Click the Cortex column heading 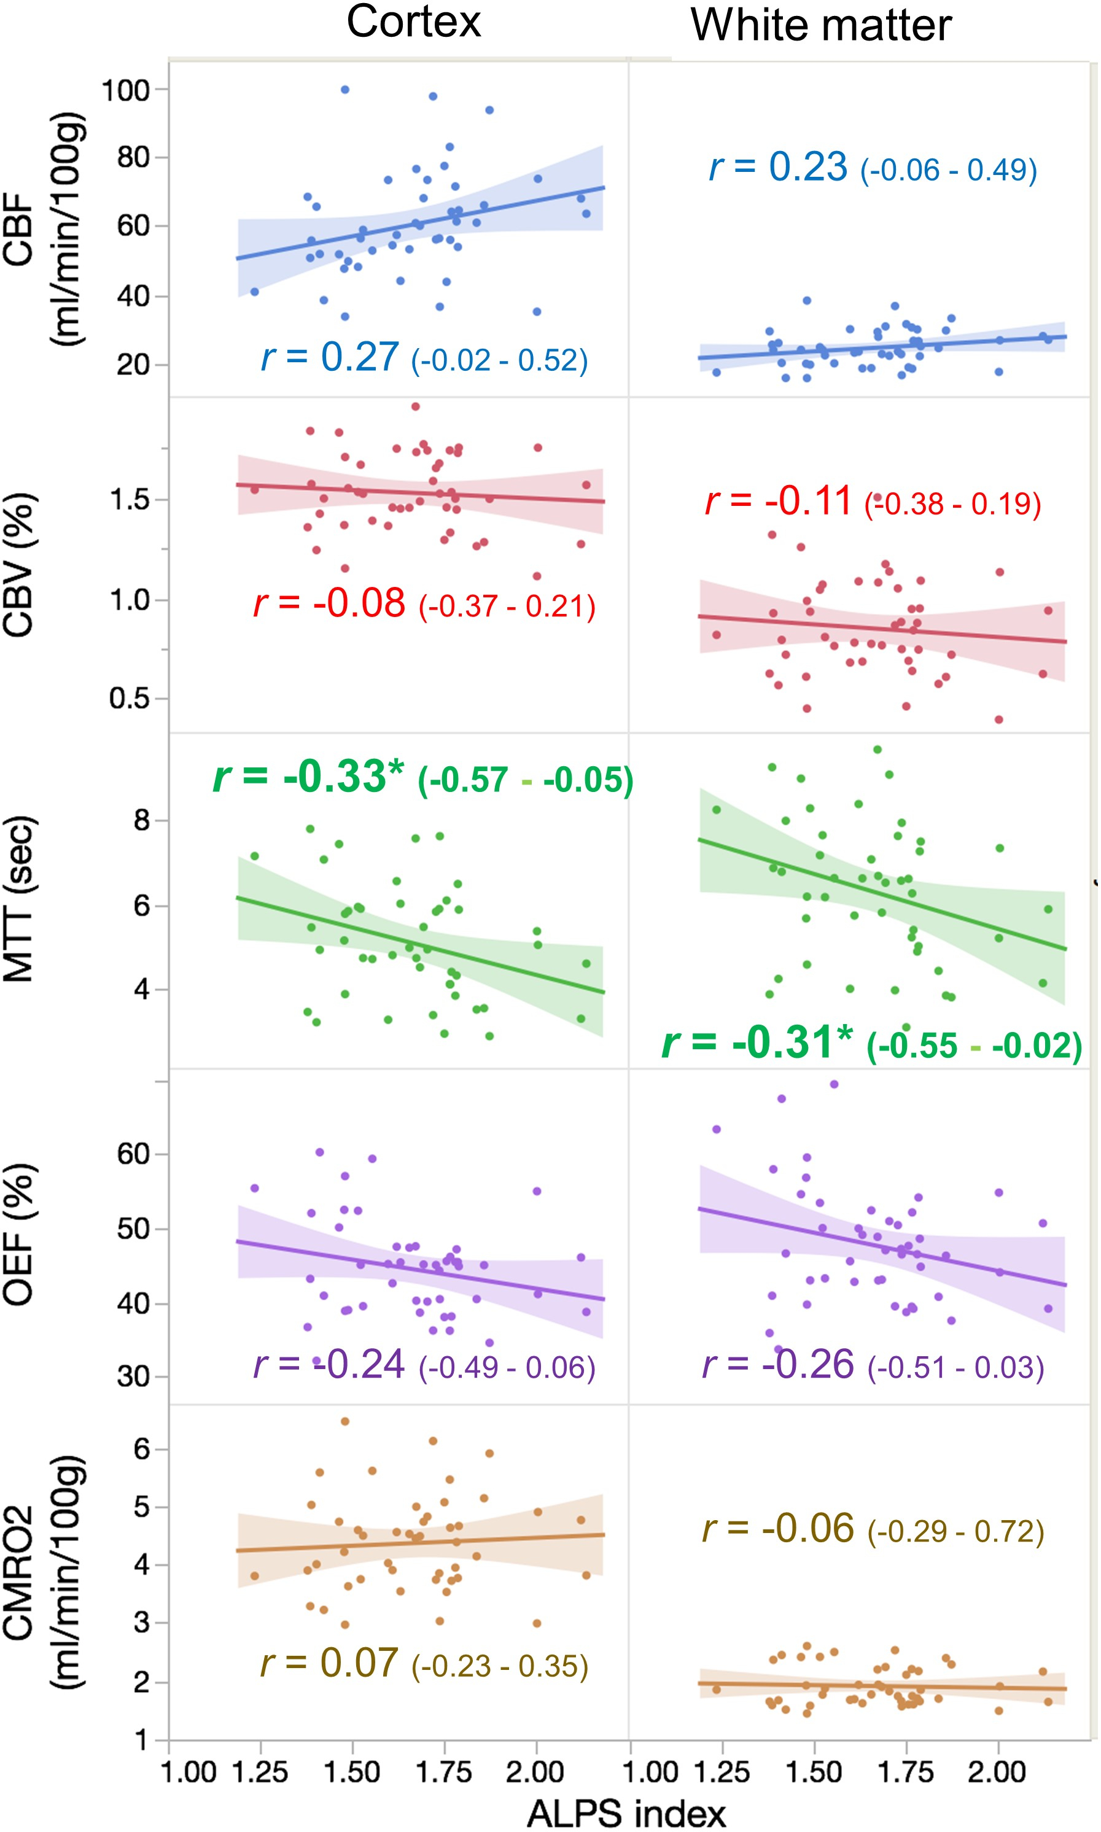tap(413, 22)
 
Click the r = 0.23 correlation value tap(778, 167)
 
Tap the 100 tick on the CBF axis tap(125, 90)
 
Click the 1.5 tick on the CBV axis tap(129, 500)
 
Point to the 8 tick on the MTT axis tap(141, 821)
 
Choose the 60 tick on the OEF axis tap(133, 1154)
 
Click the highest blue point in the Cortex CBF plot tap(345, 90)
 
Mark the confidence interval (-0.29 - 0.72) tap(955, 1532)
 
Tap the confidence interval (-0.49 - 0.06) tap(507, 1367)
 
